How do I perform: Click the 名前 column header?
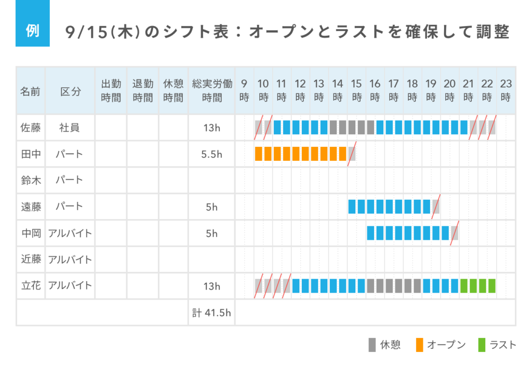(x=31, y=91)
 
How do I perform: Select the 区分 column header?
(x=71, y=91)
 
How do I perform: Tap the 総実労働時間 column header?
(x=212, y=90)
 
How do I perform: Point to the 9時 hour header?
(x=244, y=90)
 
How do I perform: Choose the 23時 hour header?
(x=506, y=90)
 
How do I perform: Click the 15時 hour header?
(x=356, y=90)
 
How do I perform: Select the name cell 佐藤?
(x=31, y=128)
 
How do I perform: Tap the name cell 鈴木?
(x=31, y=180)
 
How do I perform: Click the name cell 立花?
(x=31, y=286)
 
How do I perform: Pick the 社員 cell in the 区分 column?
(x=70, y=128)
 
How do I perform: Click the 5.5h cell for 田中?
(x=212, y=154)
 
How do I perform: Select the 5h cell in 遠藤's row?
(x=212, y=207)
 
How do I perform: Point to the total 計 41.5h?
(x=212, y=312)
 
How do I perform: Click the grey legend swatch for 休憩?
(x=372, y=345)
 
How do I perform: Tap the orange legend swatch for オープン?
(x=420, y=345)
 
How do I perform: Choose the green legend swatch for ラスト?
(x=482, y=345)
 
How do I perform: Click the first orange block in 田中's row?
(x=259, y=154)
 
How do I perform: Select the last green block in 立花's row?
(x=492, y=286)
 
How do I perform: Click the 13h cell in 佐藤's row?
(x=212, y=128)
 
